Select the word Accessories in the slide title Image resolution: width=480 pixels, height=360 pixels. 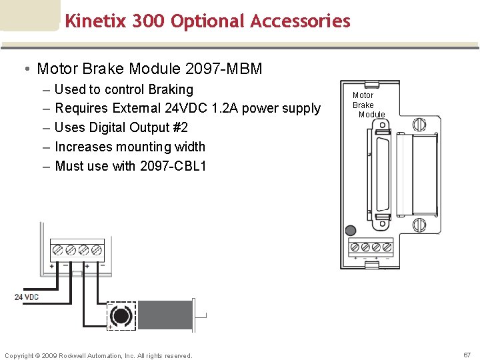pyautogui.click(x=301, y=21)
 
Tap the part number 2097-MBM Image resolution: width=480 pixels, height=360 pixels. pyautogui.click(x=224, y=69)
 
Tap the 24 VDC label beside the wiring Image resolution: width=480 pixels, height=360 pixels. pyautogui.click(x=27, y=297)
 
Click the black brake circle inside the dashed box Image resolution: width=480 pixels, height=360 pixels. pyautogui.click(x=121, y=315)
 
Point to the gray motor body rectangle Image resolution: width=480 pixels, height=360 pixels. pyautogui.click(x=165, y=315)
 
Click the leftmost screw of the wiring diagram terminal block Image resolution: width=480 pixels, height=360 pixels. pyautogui.click(x=57, y=251)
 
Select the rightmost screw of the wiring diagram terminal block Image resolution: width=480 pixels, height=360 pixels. pyautogui.click(x=97, y=251)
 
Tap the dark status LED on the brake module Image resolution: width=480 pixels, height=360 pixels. pyautogui.click(x=351, y=231)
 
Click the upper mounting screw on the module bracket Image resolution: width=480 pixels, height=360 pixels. pyautogui.click(x=419, y=124)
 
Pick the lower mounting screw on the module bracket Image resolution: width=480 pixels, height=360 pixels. pyautogui.click(x=419, y=224)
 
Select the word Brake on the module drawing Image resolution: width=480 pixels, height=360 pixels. pyautogui.click(x=363, y=105)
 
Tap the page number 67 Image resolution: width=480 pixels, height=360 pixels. pyautogui.click(x=467, y=355)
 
